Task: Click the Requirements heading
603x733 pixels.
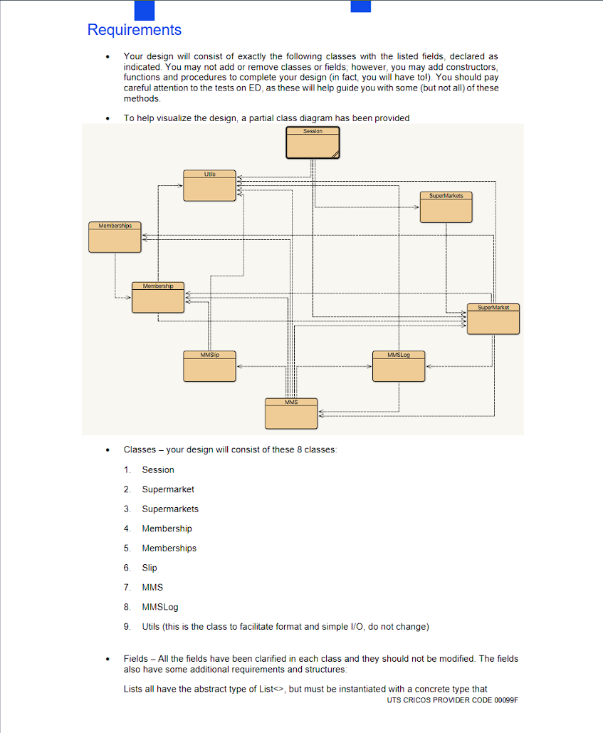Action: [x=134, y=30]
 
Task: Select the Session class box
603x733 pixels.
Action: [x=313, y=142]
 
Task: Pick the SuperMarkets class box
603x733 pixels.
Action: [x=446, y=207]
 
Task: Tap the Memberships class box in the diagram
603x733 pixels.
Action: [x=115, y=237]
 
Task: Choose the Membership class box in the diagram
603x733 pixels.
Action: [x=157, y=297]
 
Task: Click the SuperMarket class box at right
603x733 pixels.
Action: [x=493, y=318]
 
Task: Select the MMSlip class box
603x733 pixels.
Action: [x=209, y=365]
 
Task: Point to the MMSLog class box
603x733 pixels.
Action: [x=398, y=365]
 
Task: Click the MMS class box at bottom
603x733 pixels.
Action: [x=290, y=413]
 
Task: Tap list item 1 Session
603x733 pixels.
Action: [x=157, y=469]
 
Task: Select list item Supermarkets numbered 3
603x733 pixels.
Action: [x=170, y=509]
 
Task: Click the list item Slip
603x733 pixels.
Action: [x=150, y=568]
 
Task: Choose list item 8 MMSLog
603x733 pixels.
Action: [x=159, y=607]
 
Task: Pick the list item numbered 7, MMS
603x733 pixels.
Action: [x=152, y=587]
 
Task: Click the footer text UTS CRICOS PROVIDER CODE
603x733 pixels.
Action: [x=453, y=700]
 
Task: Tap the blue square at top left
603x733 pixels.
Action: [x=145, y=9]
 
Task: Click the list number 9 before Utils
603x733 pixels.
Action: [x=127, y=627]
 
